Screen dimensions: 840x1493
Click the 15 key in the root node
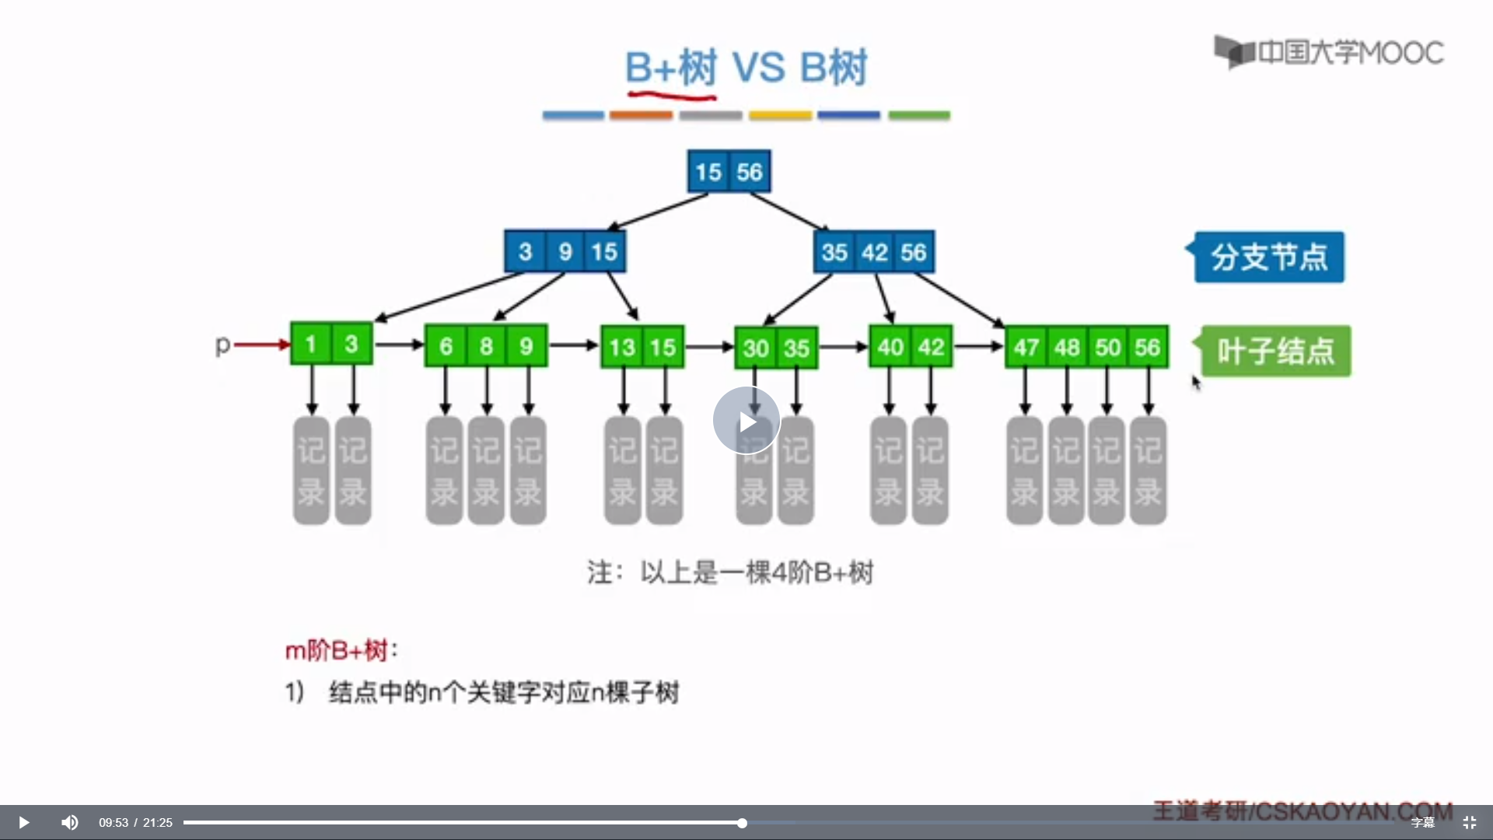click(708, 172)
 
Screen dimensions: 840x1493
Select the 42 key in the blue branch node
click(875, 252)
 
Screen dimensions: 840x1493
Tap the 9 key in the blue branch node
click(565, 252)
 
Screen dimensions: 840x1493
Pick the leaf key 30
click(756, 348)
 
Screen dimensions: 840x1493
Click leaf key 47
click(1026, 347)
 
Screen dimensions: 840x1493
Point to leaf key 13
click(622, 347)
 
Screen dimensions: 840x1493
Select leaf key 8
click(486, 346)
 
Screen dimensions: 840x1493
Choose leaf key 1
click(311, 344)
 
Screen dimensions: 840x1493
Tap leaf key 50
click(1108, 347)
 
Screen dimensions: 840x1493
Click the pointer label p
click(222, 344)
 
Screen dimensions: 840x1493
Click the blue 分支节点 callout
click(1269, 257)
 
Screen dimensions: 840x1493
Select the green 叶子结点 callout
click(1276, 351)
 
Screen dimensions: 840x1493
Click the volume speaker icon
click(70, 822)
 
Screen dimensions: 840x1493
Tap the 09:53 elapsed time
click(113, 823)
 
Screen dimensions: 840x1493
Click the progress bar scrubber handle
click(742, 823)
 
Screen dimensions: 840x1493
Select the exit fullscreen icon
click(1470, 822)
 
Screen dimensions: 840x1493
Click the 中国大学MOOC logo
click(1330, 53)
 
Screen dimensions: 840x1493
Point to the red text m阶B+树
click(337, 650)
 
